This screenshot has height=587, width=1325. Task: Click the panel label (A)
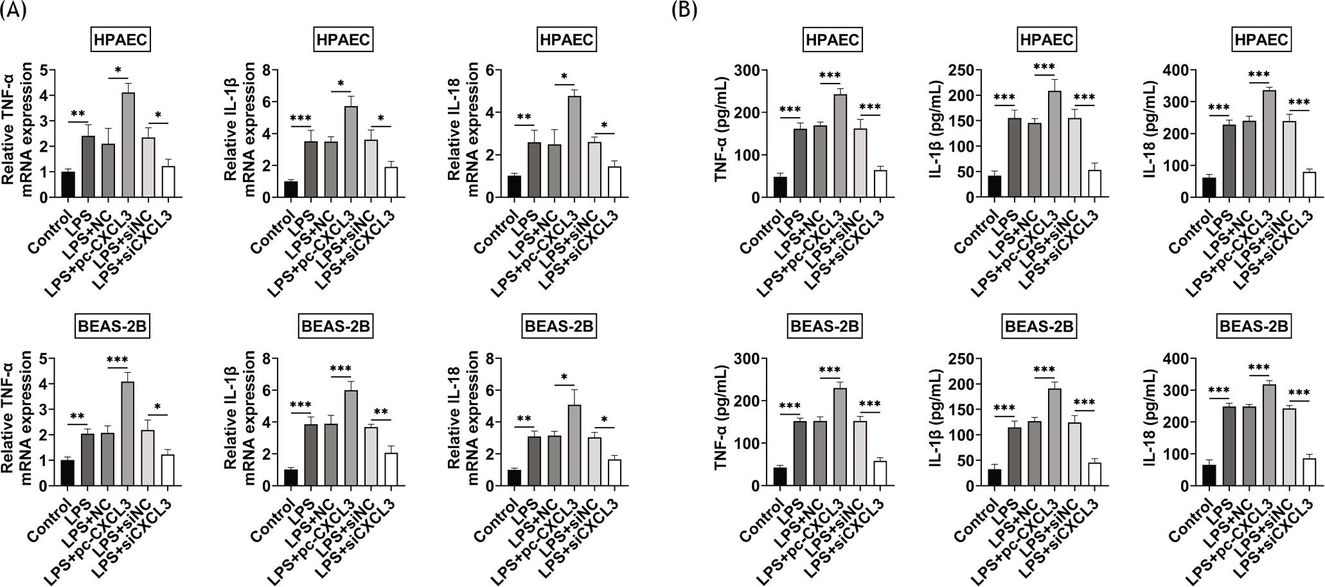point(13,11)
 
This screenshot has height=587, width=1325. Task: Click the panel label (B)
point(684,11)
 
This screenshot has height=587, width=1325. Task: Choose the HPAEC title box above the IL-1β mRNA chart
point(344,41)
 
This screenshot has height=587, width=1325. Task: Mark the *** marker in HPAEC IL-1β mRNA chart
point(300,119)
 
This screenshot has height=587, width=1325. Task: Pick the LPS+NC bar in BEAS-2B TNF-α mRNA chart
point(108,459)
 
